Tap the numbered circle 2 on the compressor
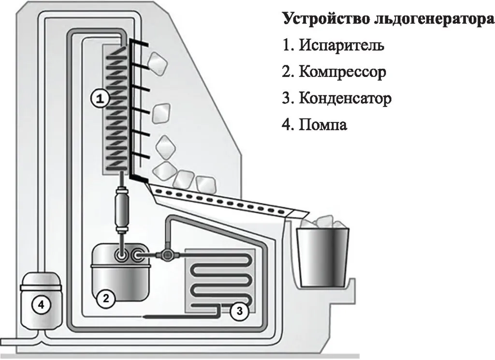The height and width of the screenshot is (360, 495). coord(105,298)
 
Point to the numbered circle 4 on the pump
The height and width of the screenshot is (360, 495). coord(41,304)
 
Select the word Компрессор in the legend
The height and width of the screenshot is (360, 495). coord(342,72)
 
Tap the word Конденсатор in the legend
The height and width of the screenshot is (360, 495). coord(345,99)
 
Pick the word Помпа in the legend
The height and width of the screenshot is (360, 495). coord(323,125)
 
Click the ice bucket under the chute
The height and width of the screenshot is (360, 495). coord(323,259)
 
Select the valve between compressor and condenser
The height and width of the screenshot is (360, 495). coord(167,254)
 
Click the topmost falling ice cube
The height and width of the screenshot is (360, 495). coord(157,61)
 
